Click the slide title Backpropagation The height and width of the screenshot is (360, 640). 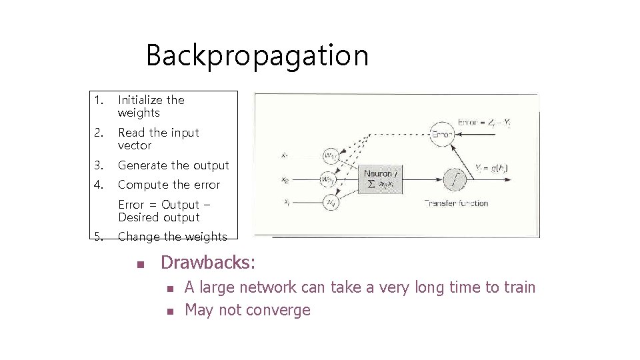coord(257,55)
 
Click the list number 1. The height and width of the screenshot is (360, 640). coord(98,100)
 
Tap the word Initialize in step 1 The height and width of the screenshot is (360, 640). coord(141,100)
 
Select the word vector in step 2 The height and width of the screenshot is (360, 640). coord(135,145)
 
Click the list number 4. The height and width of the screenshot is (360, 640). coord(98,185)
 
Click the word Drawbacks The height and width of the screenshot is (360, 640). coord(207,263)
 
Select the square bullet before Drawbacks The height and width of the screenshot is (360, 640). coord(140,264)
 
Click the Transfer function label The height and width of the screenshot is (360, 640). coord(457,203)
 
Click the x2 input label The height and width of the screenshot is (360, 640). coord(285,179)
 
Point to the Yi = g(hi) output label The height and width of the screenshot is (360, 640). coord(491,168)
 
